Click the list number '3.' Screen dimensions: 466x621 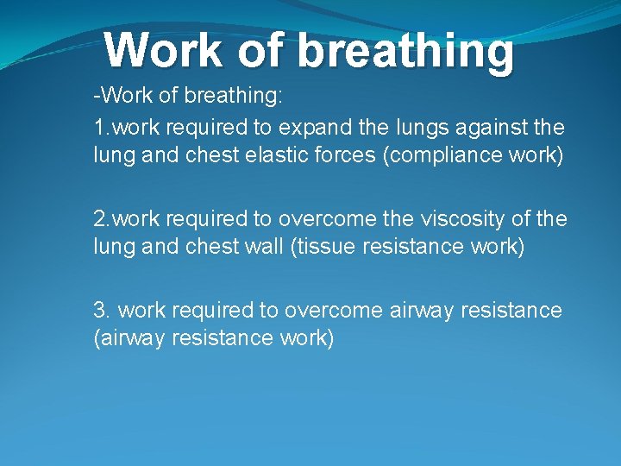click(x=103, y=310)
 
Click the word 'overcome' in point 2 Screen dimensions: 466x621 click(x=342, y=219)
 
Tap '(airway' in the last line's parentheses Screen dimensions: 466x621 click(x=129, y=337)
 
